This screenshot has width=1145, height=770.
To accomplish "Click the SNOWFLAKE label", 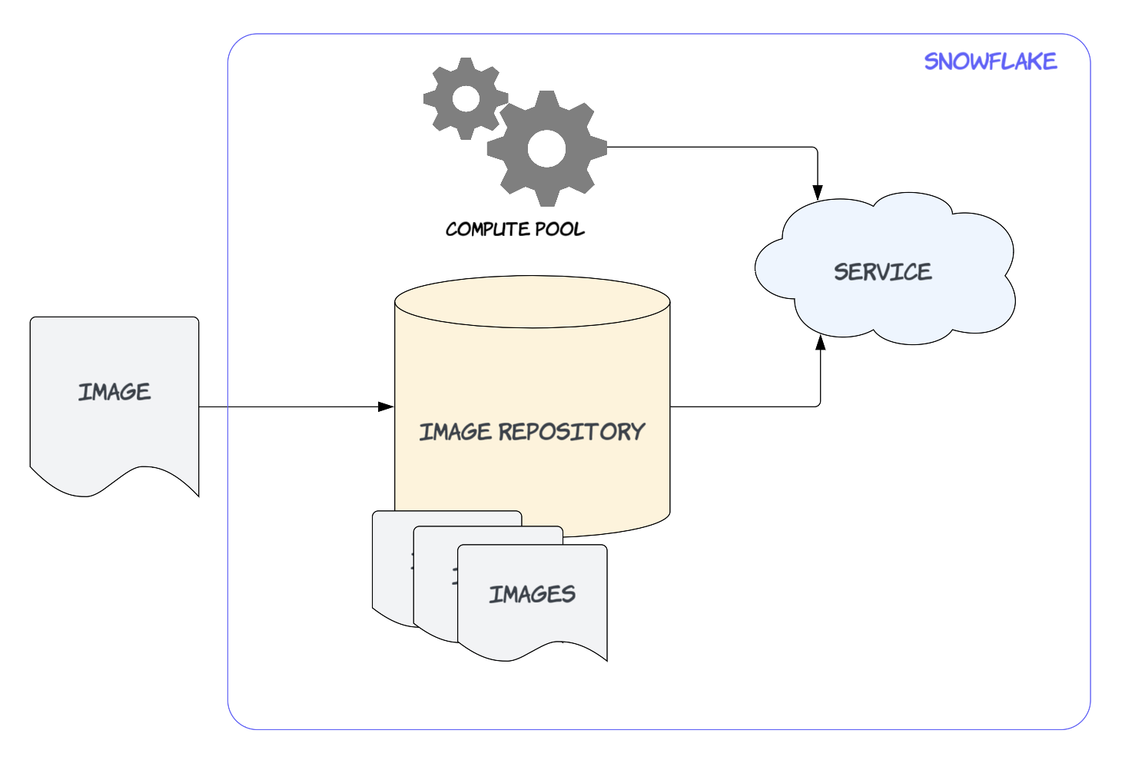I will coord(990,61).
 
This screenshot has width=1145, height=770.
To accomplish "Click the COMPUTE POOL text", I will coord(515,229).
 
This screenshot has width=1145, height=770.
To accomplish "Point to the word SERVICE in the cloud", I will coord(882,272).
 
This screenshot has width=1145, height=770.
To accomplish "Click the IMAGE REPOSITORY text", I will coord(532,432).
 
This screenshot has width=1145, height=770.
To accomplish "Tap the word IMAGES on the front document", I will coord(532,594).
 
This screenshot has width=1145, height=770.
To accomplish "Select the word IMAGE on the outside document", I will coord(114,392).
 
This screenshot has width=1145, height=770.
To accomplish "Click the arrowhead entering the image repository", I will coord(387,407).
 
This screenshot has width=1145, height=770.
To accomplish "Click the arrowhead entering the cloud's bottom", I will coord(820,343).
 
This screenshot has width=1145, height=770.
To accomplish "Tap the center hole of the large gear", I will coord(546,148).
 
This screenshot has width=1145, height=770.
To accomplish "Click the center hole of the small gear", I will coord(466,98).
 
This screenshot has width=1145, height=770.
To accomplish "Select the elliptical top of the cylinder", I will coord(532,302).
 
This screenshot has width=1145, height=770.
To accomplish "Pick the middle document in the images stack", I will coord(434,592).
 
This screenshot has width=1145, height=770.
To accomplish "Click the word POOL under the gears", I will coord(559,229).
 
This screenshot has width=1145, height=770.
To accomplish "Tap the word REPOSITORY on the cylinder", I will coord(572,432).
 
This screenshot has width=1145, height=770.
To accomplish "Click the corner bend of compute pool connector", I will coord(816,148).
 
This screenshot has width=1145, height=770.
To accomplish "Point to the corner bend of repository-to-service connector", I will coord(819,406).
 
